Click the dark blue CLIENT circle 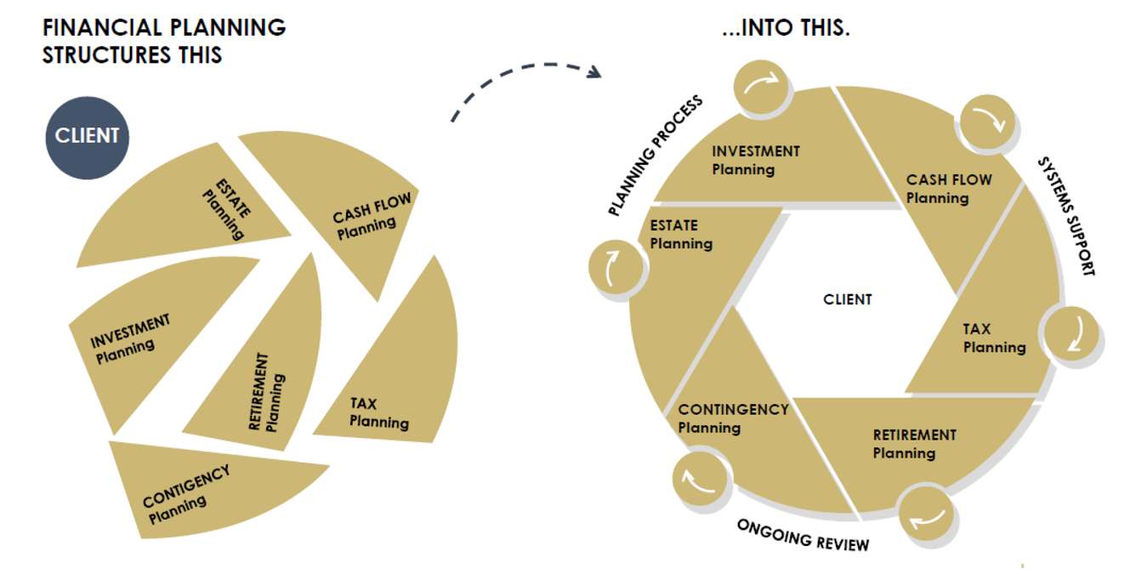87,138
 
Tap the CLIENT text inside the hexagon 847,299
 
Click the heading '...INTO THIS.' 786,29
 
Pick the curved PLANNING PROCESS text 655,155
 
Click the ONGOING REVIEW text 803,534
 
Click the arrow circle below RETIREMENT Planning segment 925,514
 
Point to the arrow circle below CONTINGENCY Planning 702,481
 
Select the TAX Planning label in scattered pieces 378,413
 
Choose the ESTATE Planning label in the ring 681,235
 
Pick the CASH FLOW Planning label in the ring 947,189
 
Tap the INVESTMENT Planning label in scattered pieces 129,338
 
